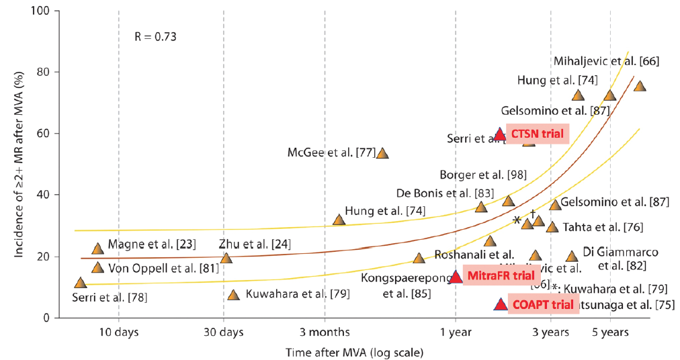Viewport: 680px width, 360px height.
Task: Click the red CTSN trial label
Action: [537, 134]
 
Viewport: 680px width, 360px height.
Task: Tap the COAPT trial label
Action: [540, 304]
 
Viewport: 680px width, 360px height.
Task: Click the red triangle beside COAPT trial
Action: [500, 304]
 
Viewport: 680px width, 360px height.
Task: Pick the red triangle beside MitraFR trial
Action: [456, 276]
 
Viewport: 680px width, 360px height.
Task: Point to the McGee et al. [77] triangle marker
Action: [382, 153]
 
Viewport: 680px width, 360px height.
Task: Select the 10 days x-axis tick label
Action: [118, 331]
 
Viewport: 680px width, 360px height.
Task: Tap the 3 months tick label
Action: [325, 331]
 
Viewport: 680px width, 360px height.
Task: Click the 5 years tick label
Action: [609, 331]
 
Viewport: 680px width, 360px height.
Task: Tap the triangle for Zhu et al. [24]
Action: [226, 258]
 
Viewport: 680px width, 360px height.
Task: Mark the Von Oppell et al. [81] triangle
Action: [97, 268]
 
